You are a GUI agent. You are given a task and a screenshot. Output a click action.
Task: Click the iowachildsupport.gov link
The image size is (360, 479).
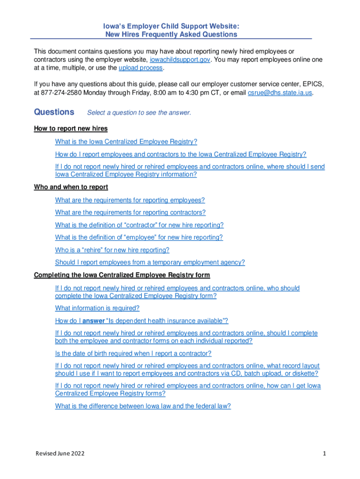click(x=180, y=59)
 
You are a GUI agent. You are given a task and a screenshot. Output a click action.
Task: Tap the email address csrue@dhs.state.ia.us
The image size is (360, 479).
click(x=279, y=93)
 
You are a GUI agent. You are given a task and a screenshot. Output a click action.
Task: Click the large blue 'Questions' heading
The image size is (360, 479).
click(x=54, y=112)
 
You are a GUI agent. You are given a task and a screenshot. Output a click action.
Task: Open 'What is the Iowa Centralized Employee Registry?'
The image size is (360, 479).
click(x=126, y=142)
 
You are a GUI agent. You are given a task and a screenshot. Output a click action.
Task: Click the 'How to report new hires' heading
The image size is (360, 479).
click(x=71, y=129)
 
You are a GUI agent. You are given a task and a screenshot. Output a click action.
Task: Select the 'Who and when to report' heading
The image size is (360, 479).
click(x=71, y=187)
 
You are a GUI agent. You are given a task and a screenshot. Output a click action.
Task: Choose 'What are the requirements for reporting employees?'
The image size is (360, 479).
click(x=130, y=200)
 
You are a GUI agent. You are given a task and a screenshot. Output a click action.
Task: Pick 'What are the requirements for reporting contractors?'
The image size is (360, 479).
click(x=130, y=212)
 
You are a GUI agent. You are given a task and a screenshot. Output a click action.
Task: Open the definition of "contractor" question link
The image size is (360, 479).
click(x=139, y=225)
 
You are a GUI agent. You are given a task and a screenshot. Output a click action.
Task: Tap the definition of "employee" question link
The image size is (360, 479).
click(x=139, y=237)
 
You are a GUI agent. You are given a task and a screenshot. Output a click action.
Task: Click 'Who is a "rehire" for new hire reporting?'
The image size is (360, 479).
click(x=112, y=250)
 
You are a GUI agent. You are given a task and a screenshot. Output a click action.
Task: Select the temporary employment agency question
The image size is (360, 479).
click(x=150, y=262)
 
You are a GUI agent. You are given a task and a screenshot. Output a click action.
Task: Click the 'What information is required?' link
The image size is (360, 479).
click(x=97, y=308)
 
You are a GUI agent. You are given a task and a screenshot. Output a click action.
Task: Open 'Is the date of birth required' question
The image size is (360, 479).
click(x=133, y=354)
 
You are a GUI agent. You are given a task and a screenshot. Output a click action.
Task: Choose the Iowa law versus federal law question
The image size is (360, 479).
click(x=143, y=406)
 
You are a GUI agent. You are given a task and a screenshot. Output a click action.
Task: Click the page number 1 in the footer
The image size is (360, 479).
click(x=324, y=454)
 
